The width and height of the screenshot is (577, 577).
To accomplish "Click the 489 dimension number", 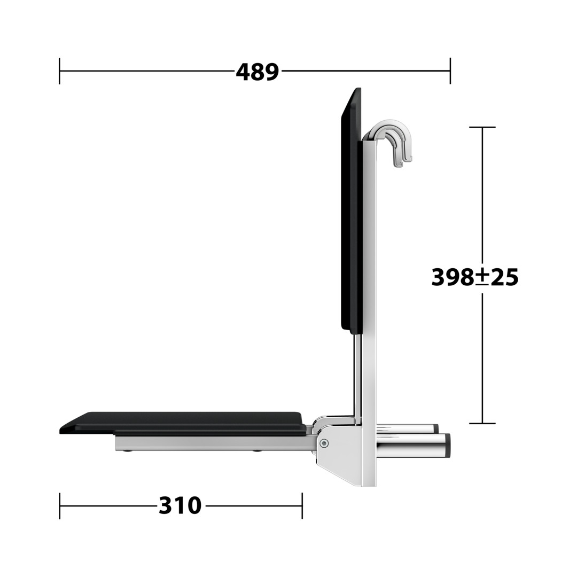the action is point(257,72).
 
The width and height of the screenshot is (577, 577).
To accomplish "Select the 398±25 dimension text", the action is point(475,277).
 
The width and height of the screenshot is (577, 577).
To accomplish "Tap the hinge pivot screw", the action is point(324,443).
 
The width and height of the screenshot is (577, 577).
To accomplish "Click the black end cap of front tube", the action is point(448,446).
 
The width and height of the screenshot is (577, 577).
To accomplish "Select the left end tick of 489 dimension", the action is point(60,71).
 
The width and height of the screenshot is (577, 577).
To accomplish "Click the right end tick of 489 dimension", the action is point(450,71).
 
